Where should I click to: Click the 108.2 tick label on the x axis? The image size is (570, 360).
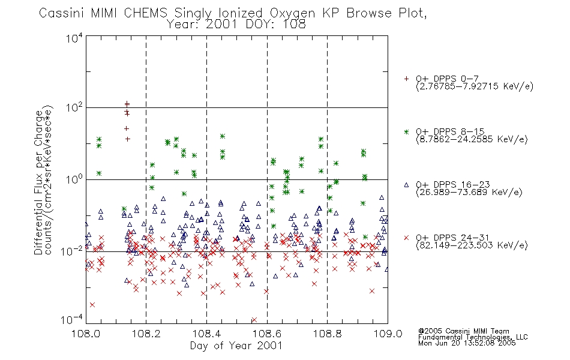click(x=146, y=334)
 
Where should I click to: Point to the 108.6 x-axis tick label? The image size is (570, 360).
click(x=267, y=334)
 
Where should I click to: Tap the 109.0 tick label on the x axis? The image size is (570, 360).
click(x=388, y=334)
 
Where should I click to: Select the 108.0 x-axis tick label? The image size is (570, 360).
click(x=86, y=334)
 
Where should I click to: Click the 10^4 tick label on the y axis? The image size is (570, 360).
click(x=74, y=38)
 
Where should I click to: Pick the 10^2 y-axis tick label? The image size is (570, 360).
click(x=74, y=108)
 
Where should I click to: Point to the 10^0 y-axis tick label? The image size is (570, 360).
click(x=74, y=179)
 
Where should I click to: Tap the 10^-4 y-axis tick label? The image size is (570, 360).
click(x=71, y=320)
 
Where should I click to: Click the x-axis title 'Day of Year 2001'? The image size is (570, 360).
click(x=236, y=346)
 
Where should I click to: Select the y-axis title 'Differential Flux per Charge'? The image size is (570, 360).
click(x=39, y=182)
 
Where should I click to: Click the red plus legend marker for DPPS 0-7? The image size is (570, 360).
click(x=406, y=79)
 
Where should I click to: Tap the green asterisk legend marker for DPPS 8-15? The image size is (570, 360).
click(x=406, y=132)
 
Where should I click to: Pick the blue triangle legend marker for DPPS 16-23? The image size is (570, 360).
click(x=406, y=185)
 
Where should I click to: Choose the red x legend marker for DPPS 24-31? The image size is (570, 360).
click(x=406, y=238)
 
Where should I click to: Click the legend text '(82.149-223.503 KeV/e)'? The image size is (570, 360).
click(x=472, y=245)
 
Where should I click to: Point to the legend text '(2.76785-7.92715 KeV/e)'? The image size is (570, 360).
click(x=475, y=86)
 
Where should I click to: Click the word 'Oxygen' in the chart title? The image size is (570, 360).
click(x=293, y=13)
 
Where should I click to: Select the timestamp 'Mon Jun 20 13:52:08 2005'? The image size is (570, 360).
click(x=467, y=343)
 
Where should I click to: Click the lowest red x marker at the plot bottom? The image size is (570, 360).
click(x=254, y=320)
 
